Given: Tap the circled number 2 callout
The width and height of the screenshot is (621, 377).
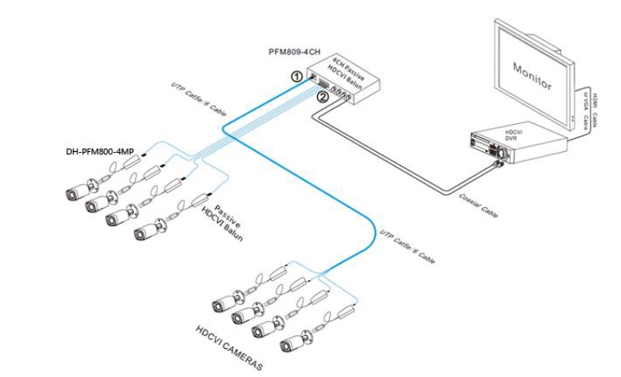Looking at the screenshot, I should click(323, 97).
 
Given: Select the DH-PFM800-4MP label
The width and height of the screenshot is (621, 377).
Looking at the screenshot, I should click(99, 152).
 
